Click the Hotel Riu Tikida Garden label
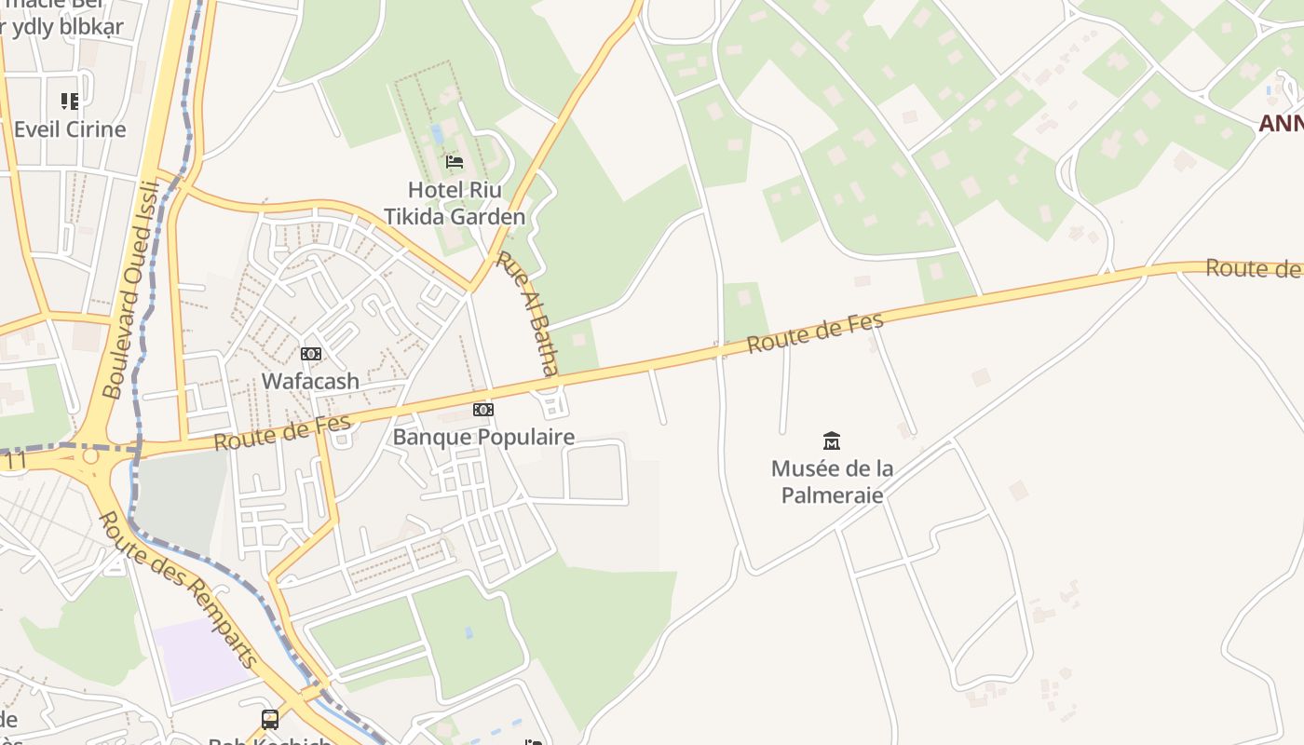[455, 203]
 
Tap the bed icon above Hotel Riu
[455, 161]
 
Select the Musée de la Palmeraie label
[832, 481]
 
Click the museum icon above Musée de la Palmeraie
[832, 440]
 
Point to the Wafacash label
[310, 381]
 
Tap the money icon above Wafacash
[310, 354]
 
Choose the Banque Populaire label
[483, 437]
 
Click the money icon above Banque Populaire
[483, 410]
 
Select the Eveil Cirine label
[70, 129]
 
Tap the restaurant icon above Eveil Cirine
[70, 101]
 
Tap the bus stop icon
[270, 719]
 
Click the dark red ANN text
[1281, 123]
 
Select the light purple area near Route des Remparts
[200, 657]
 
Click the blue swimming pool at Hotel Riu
[438, 134]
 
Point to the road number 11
[13, 461]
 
